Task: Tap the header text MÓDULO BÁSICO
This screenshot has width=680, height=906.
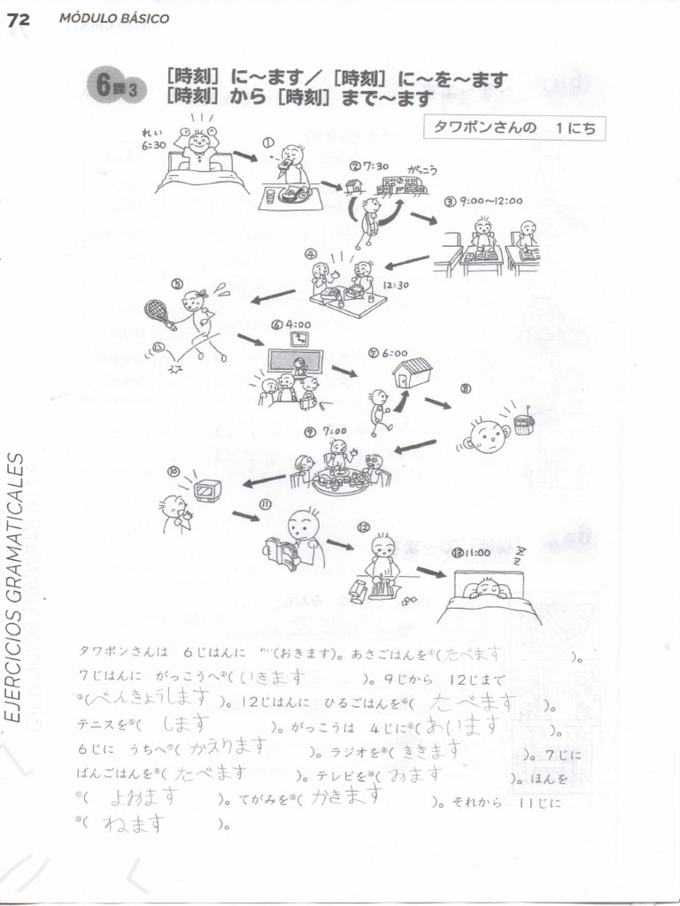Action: tap(114, 19)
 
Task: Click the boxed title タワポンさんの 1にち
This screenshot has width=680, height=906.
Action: tap(514, 127)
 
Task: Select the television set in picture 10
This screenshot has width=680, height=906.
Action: tap(207, 489)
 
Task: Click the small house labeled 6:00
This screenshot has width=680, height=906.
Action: tap(412, 372)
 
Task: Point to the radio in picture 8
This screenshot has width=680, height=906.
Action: tap(523, 423)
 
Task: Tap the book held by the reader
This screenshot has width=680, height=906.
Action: tap(282, 553)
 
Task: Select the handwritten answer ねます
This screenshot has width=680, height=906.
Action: tap(134, 823)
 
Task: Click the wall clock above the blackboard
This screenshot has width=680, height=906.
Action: tap(298, 338)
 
